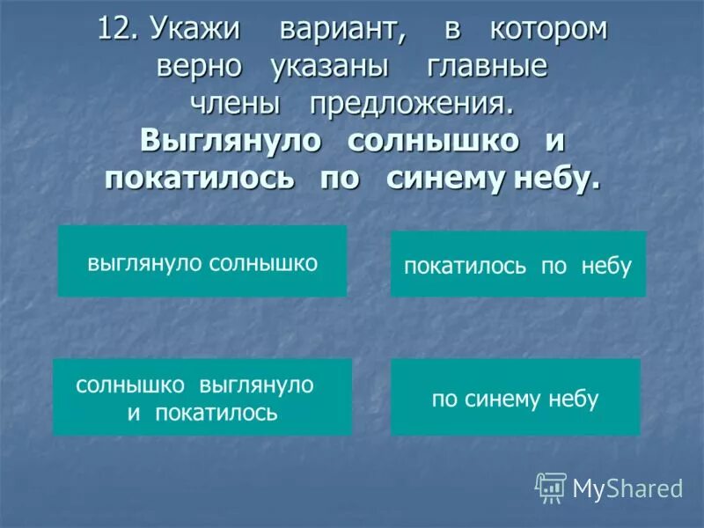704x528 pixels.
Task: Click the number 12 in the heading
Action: click(116, 29)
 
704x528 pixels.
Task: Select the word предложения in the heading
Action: click(410, 106)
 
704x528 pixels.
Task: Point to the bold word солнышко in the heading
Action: click(431, 142)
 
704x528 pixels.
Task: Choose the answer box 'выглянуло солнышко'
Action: click(202, 261)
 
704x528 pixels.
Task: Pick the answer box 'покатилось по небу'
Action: click(518, 264)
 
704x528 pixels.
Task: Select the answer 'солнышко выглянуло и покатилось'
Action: click(202, 397)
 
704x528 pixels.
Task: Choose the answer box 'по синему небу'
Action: click(516, 397)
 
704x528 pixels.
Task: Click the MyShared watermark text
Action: click(627, 488)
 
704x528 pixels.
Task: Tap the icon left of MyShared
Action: click(551, 488)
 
